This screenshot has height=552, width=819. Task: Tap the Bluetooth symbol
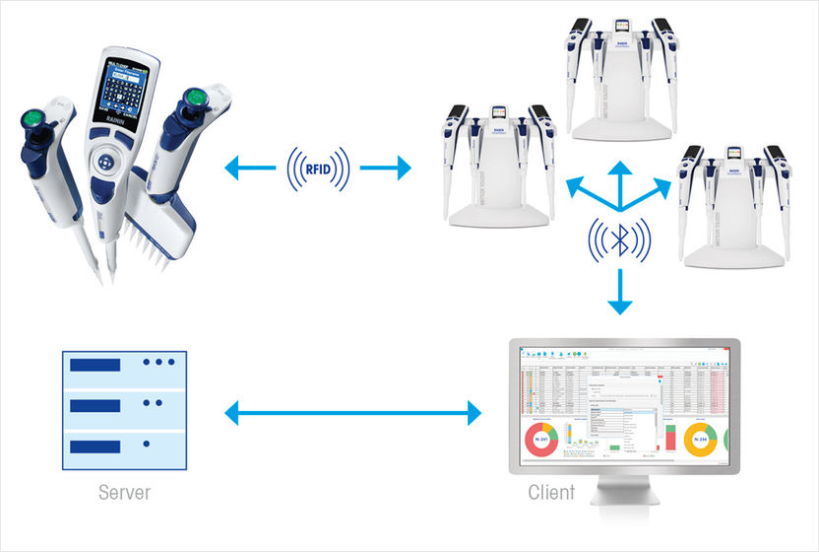point(619,240)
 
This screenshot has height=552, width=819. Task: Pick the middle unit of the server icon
point(121,403)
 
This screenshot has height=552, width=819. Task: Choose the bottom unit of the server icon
point(121,444)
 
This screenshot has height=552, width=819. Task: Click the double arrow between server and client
point(354,412)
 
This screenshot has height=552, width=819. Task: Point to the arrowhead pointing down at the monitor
point(619,305)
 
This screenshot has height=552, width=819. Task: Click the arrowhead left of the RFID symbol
point(233,169)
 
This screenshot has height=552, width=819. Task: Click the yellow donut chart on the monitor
point(700,439)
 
